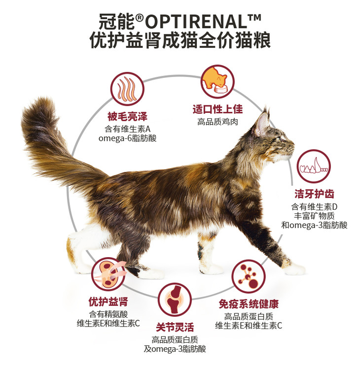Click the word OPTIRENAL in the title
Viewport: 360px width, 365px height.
tap(196, 21)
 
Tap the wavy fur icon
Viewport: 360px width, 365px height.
tap(127, 89)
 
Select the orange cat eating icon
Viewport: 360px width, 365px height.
tap(217, 81)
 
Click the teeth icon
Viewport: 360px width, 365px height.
tap(314, 166)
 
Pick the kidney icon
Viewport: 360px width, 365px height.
tap(108, 274)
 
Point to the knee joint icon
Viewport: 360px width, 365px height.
tap(175, 300)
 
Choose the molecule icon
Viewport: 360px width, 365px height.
tap(249, 276)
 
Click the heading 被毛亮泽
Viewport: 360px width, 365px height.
tap(127, 116)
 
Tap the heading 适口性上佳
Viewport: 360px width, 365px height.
tap(217, 109)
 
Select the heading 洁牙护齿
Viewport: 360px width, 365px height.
tap(314, 194)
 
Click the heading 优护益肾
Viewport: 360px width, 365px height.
tap(108, 301)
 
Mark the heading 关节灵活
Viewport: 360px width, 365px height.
tap(175, 327)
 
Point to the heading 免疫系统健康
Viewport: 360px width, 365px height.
tap(249, 304)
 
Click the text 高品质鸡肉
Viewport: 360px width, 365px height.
tap(217, 122)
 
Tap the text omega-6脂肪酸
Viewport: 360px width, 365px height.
tap(127, 138)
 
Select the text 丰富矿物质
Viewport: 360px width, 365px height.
tap(314, 216)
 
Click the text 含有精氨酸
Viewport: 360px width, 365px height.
tap(108, 314)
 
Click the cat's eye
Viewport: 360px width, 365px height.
tap(279, 140)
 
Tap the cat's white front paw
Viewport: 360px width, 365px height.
tap(294, 269)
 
